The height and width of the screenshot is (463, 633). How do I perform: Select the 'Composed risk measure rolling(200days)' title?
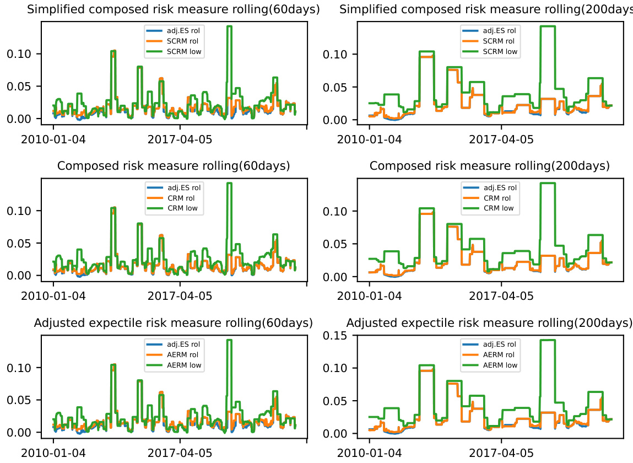(x=490, y=166)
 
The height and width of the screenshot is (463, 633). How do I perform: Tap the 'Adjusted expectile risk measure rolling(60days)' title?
(x=173, y=322)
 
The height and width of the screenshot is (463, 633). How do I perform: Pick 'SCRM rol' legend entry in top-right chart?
(x=495, y=41)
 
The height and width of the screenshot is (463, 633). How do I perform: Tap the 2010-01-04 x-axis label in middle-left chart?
(x=53, y=296)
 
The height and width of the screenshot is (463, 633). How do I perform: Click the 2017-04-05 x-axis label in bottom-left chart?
(x=180, y=453)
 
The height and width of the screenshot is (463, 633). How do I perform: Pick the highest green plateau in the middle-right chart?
(x=547, y=183)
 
